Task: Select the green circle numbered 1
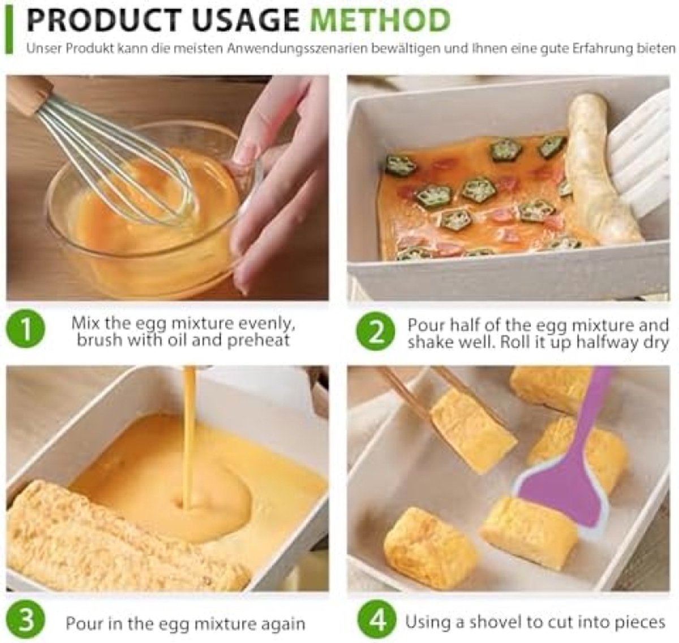pos(25,329)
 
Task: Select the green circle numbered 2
pos(375,331)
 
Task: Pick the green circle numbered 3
pos(25,620)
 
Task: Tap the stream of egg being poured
pos(189,439)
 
